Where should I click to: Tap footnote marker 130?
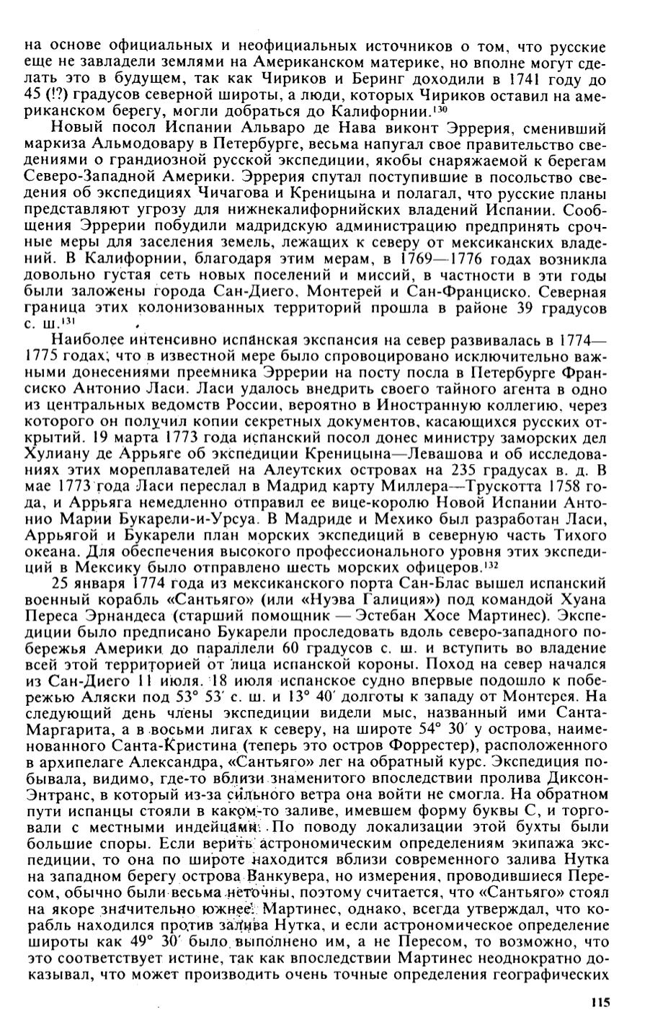click(440, 110)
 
